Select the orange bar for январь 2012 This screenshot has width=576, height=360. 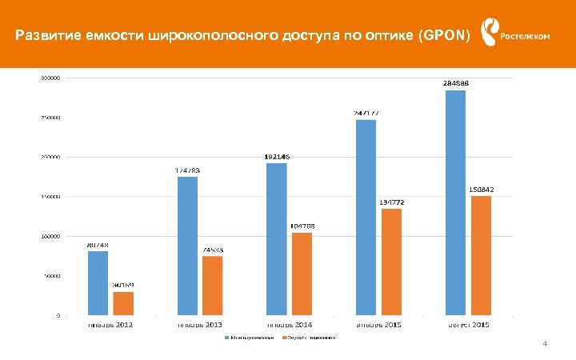123,303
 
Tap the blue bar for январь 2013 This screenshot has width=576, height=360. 187,246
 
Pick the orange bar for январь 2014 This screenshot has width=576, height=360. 302,274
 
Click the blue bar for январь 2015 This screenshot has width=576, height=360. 366,217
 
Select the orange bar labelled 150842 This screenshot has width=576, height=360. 481,255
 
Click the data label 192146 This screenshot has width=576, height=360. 277,157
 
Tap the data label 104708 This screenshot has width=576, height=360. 302,226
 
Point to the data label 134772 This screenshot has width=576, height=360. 392,202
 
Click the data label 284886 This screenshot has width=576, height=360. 455,82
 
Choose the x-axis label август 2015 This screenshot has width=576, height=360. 469,325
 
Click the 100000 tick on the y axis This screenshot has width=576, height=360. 50,236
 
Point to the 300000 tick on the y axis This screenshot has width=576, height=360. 50,78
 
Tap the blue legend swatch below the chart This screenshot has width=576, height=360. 226,338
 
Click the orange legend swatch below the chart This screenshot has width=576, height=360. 282,338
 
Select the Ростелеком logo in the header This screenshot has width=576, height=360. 516,34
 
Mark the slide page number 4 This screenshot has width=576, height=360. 545,345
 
